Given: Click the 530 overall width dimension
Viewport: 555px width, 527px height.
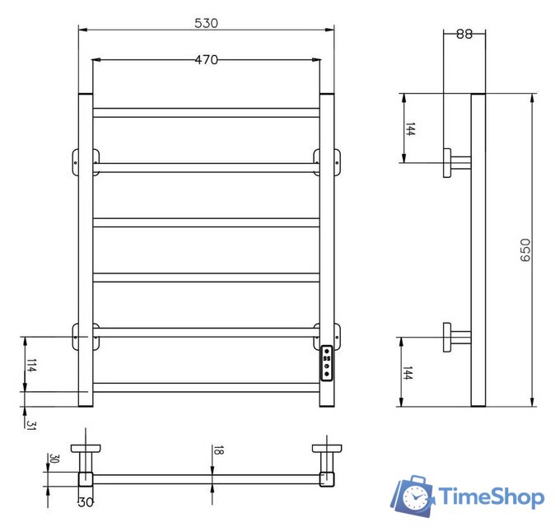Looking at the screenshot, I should point(206,24).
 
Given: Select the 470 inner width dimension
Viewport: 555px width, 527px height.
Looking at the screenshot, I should point(206,59).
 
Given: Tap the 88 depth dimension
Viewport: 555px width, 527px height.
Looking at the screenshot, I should point(464,34).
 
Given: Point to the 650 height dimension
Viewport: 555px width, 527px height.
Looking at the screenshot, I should point(525,250).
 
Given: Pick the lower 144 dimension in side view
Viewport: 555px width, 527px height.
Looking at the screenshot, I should point(409,372).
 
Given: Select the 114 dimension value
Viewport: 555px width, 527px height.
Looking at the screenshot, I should point(31,365).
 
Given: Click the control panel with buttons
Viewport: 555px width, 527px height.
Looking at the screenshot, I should point(327,362).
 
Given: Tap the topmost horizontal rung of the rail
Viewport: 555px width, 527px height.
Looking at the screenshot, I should point(206,112).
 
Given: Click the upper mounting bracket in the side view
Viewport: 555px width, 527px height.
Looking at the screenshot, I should point(455,161).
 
